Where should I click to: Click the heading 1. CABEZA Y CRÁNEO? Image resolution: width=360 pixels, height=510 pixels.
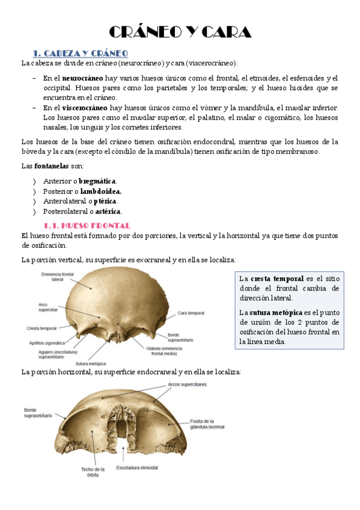click(80, 53)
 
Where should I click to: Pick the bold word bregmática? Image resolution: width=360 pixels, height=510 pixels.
click(97, 181)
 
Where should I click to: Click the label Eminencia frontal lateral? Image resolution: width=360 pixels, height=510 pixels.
click(58, 277)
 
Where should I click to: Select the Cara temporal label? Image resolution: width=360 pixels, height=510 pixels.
click(191, 313)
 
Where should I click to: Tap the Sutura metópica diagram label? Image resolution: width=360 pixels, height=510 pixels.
click(91, 363)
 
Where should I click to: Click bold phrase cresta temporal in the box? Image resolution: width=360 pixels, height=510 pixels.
click(276, 279)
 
